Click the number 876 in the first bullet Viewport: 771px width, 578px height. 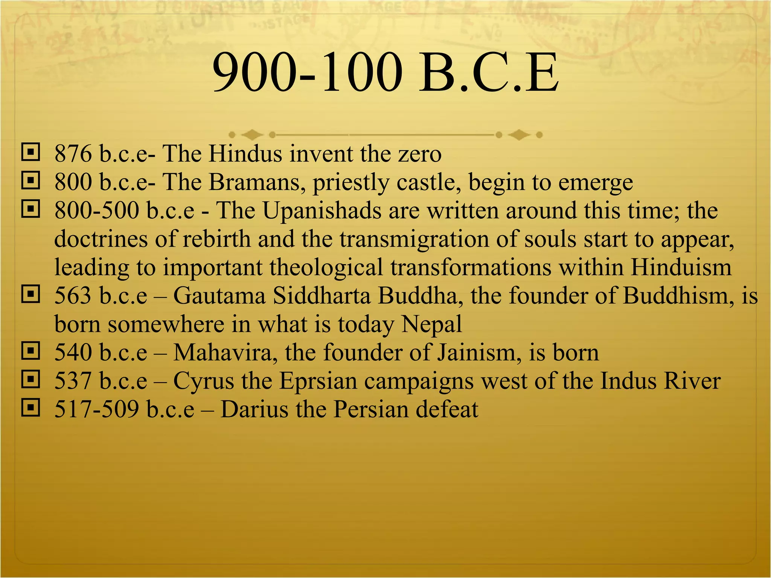tap(73, 154)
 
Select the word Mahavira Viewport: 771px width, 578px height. tap(223, 353)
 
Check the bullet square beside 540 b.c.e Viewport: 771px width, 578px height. tap(30, 351)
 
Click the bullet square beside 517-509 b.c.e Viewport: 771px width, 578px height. tap(30, 408)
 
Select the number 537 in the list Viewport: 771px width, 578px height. tap(73, 381)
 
